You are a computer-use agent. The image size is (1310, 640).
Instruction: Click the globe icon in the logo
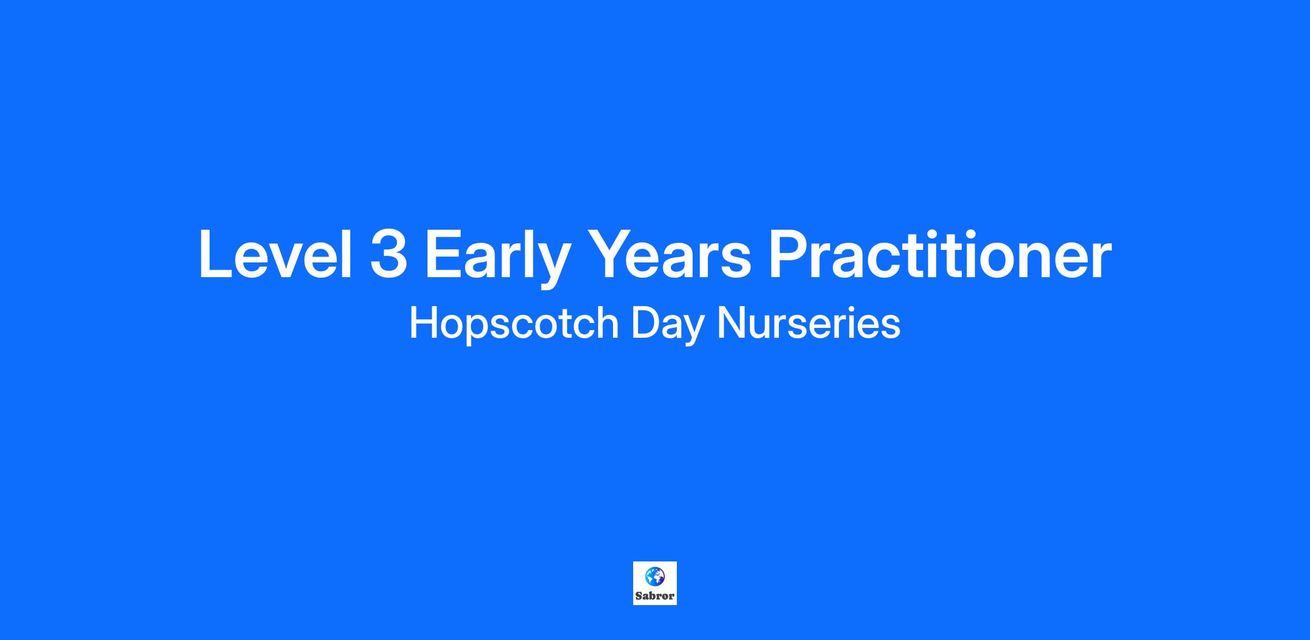[655, 576]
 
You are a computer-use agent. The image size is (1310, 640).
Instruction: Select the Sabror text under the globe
[655, 596]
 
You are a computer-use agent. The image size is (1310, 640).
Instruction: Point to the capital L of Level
[216, 254]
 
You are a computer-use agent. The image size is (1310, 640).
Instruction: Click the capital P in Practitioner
[788, 254]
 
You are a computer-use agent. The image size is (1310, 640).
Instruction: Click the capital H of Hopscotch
[425, 323]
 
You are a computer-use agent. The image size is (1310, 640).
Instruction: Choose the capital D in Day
[646, 323]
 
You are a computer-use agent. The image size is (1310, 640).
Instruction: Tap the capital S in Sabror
[639, 596]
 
